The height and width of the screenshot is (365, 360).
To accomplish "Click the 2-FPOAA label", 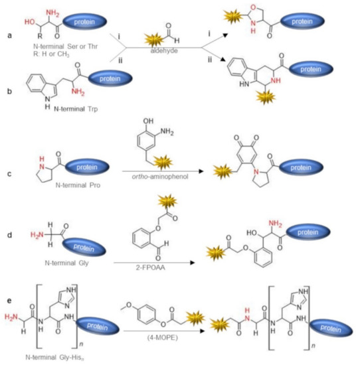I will tap(163, 265).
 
